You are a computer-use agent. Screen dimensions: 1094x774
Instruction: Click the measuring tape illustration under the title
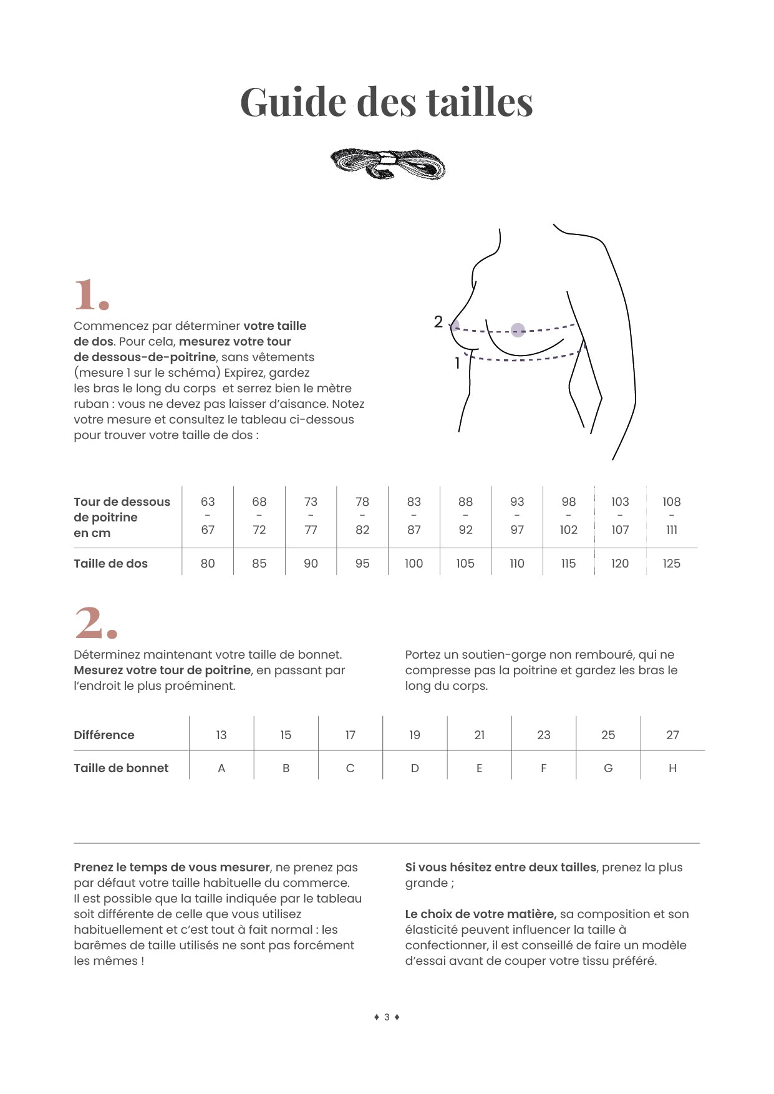[x=387, y=164]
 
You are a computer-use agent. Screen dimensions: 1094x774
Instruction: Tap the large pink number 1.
[x=91, y=294]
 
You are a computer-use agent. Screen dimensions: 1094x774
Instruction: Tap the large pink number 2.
[x=95, y=623]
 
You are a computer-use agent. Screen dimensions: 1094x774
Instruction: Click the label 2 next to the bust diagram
[x=438, y=322]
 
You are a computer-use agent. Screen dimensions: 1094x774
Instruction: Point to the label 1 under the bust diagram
[x=457, y=363]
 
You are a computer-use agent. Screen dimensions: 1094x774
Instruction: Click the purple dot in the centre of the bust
[x=518, y=330]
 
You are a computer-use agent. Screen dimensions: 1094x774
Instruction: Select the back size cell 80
[x=208, y=564]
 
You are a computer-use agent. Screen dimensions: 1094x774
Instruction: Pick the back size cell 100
[x=414, y=564]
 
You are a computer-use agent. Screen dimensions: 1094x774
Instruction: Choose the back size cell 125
[x=671, y=564]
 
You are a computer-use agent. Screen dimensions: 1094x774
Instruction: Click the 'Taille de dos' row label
[x=110, y=564]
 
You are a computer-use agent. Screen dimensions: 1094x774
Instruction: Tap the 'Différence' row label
[x=104, y=735]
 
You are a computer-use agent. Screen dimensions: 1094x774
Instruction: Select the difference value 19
[x=415, y=735]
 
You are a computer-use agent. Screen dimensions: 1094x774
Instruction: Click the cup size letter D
[x=415, y=768]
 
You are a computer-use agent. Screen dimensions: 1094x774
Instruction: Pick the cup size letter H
[x=672, y=768]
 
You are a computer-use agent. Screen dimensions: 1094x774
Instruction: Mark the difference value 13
[x=221, y=735]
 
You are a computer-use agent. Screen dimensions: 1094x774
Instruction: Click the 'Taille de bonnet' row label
[x=121, y=768]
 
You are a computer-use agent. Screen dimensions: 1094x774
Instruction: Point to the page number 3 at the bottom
[x=387, y=1017]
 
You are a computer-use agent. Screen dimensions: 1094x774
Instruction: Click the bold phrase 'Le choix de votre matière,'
[x=480, y=914]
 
